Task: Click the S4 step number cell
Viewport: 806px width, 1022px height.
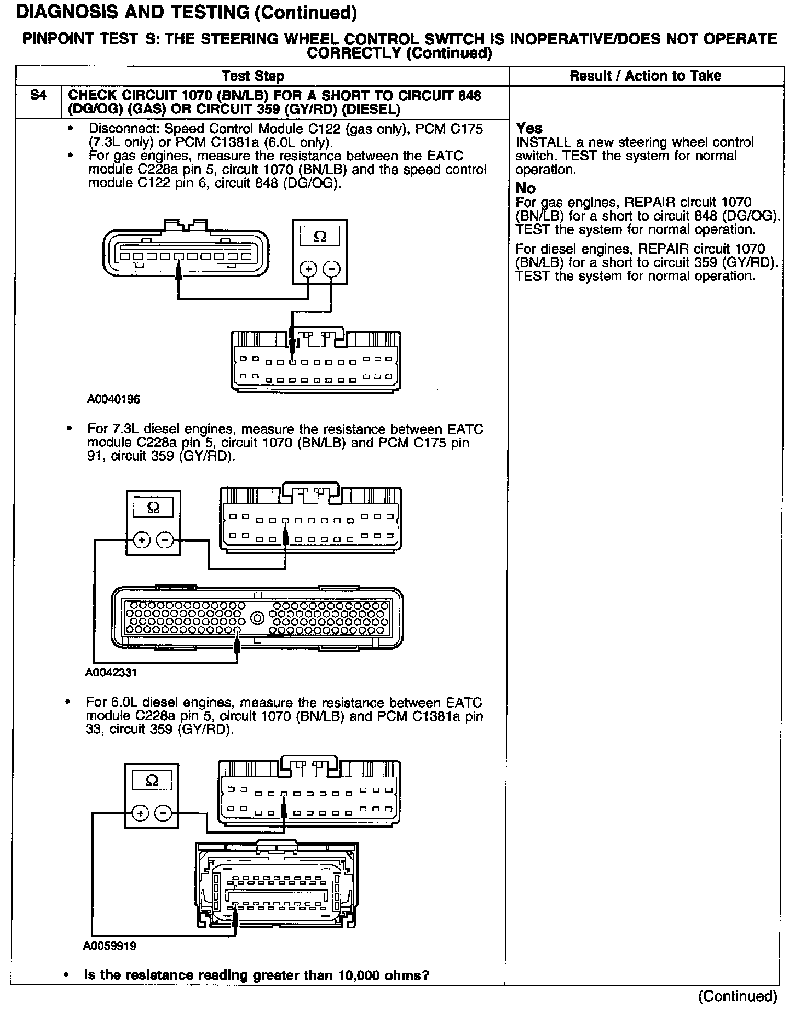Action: pos(38,96)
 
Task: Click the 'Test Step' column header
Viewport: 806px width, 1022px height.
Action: pos(253,76)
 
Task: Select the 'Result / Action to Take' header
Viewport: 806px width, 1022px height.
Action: pos(645,76)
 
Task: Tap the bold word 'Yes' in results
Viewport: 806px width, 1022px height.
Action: pos(529,128)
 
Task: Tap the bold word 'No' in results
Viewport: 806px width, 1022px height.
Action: pos(525,188)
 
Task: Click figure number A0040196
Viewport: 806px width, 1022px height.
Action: pos(113,399)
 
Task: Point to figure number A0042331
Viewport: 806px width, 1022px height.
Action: pos(111,672)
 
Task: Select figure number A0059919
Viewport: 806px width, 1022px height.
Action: pos(110,946)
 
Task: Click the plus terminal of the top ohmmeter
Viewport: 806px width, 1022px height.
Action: pos(308,269)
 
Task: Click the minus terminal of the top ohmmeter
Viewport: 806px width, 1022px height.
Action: pos(331,269)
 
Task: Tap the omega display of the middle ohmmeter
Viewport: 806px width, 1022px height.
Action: pos(153,508)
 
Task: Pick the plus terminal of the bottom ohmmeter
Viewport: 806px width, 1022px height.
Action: pos(140,813)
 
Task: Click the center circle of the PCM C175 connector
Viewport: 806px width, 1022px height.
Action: pos(256,619)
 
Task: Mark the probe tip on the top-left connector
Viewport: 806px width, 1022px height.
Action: pos(178,271)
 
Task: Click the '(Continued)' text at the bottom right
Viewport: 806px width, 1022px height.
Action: pos(737,996)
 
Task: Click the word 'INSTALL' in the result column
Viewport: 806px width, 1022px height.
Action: pos(541,142)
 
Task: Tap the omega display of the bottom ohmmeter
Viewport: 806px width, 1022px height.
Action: pos(152,780)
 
